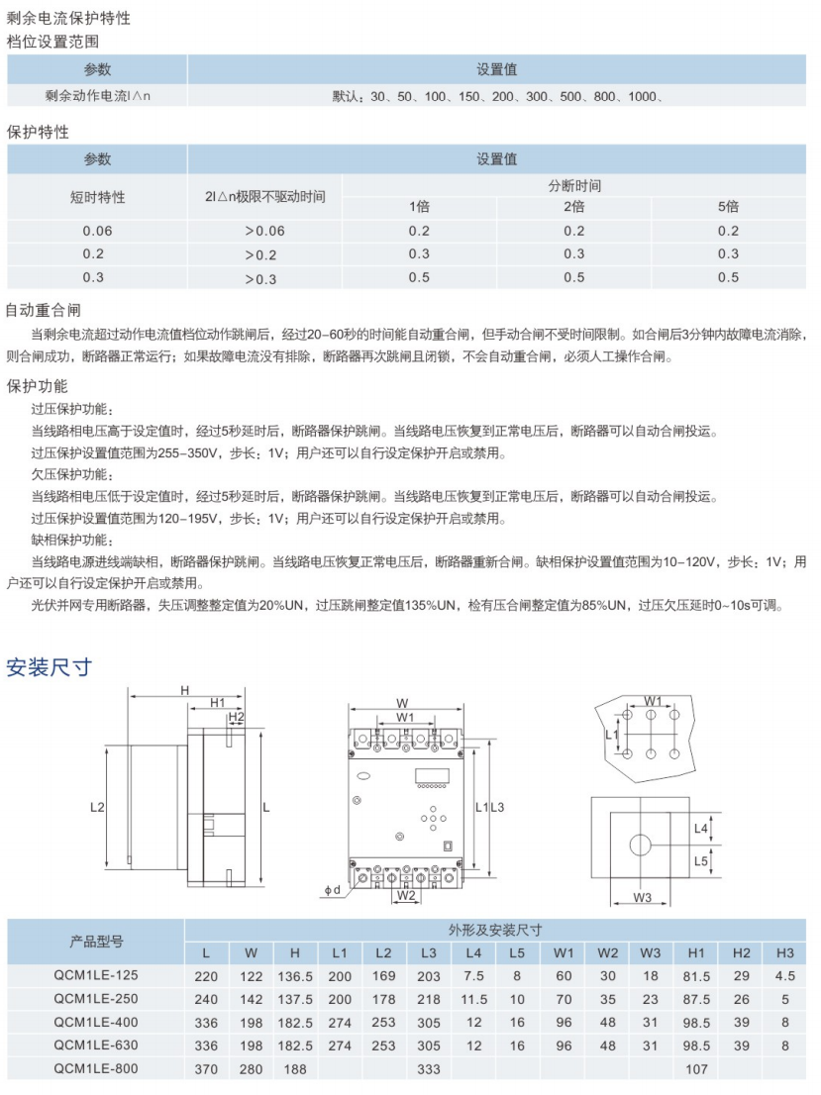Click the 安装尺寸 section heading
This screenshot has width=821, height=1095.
click(x=50, y=667)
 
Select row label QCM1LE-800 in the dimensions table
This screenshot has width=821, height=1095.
click(x=97, y=1067)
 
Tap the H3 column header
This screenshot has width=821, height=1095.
click(x=785, y=952)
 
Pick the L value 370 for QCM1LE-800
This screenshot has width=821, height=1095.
click(x=206, y=1067)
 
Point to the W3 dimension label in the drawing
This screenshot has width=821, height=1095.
click(x=642, y=897)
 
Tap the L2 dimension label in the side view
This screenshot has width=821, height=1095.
click(x=97, y=807)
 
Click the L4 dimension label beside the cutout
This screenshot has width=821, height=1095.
click(x=701, y=828)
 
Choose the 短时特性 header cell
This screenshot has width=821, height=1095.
click(x=97, y=196)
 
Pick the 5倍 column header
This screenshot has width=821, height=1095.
click(x=728, y=207)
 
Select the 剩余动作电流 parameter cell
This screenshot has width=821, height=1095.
click(x=97, y=96)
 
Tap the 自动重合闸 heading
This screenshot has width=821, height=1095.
click(x=43, y=310)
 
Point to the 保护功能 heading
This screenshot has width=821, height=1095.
click(x=37, y=385)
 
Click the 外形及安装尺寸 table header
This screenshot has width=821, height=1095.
click(x=494, y=930)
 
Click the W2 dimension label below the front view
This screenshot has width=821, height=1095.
click(x=406, y=896)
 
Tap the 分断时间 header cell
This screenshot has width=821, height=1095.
click(x=574, y=185)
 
